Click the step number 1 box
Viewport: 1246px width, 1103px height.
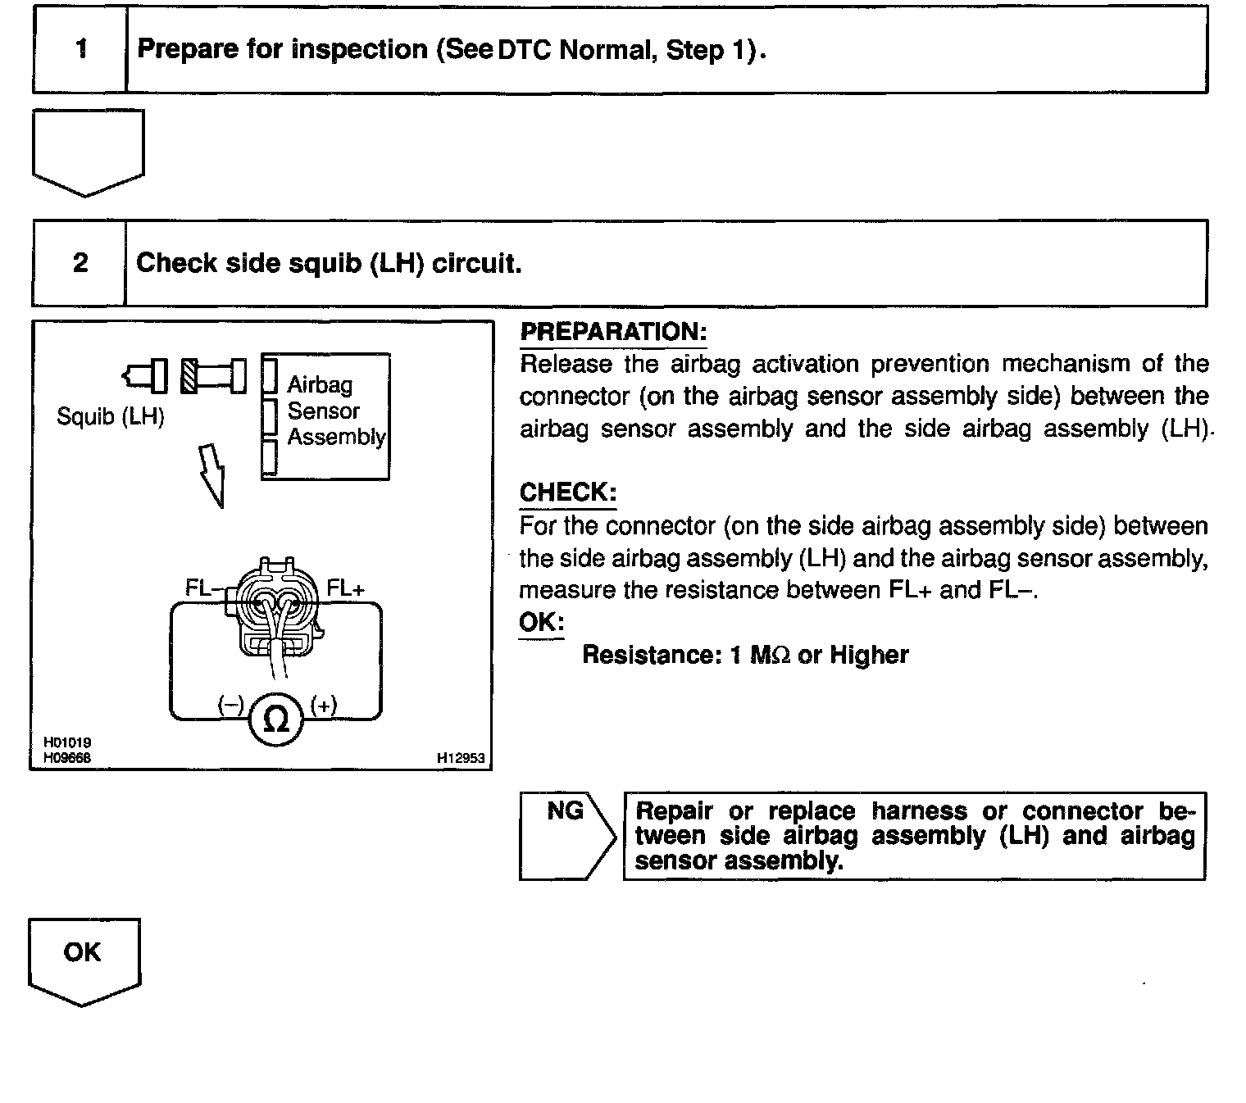tap(80, 50)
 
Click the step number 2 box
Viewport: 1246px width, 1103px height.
tap(80, 263)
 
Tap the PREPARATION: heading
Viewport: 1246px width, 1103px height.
tap(613, 332)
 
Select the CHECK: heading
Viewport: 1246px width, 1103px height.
tap(567, 492)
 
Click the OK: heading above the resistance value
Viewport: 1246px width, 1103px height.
tap(541, 622)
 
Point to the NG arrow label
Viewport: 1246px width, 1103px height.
tap(566, 811)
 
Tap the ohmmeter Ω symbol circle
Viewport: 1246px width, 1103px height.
tap(277, 719)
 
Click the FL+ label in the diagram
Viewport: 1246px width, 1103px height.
tap(345, 588)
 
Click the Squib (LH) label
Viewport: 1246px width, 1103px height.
tap(111, 416)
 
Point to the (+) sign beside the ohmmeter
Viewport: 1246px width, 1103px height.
tap(324, 705)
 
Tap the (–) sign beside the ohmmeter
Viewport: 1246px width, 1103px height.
tap(230, 705)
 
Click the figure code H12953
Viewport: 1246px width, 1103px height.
tap(461, 759)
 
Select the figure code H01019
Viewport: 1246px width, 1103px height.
tap(67, 742)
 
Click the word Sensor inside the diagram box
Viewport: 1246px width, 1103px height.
tap(323, 411)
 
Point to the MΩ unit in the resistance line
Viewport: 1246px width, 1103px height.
tap(771, 655)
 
